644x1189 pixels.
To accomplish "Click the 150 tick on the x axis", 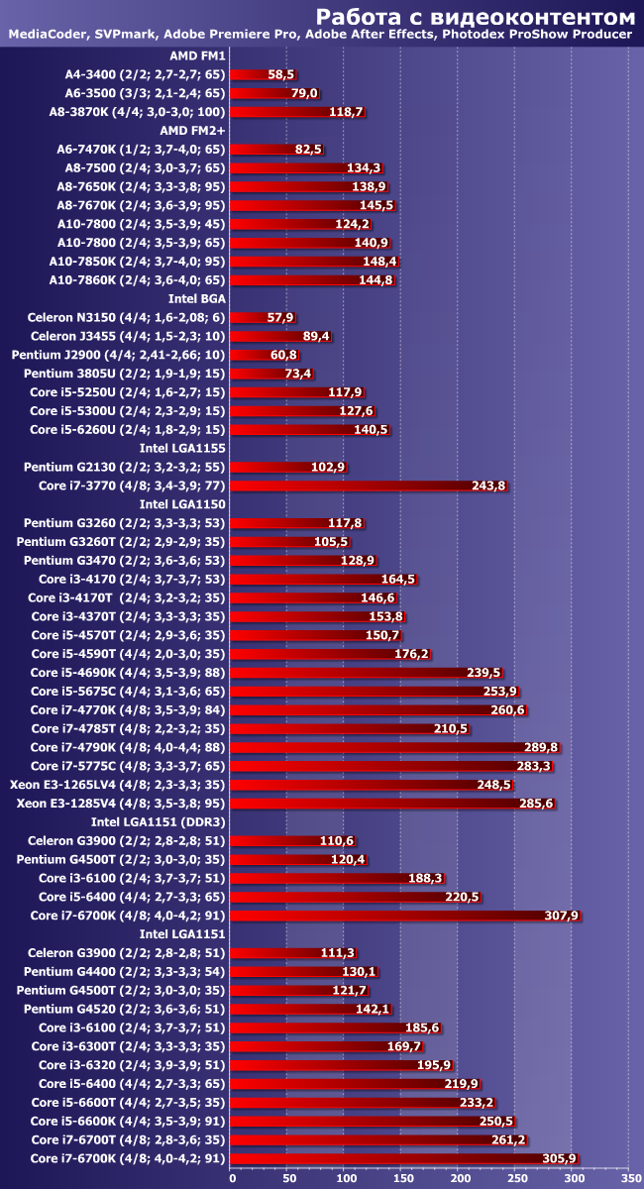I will pyautogui.click(x=402, y=1179).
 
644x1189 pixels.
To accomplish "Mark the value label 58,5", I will pyautogui.click(x=281, y=74).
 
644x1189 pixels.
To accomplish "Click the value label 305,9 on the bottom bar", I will pyautogui.click(x=560, y=1158).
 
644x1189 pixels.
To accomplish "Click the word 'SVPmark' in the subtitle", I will pyautogui.click(x=124, y=36).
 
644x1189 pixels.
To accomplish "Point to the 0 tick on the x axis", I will pyautogui.click(x=232, y=1179).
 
